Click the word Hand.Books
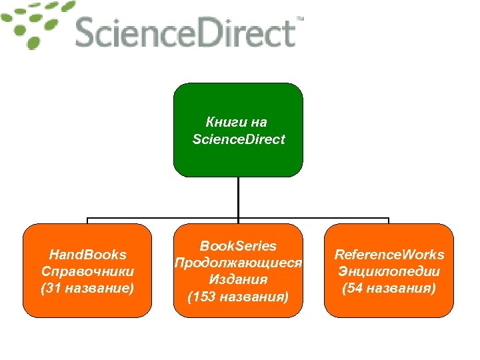(x=87, y=255)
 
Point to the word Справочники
(x=87, y=271)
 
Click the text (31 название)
(x=87, y=288)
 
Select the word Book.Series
(x=238, y=247)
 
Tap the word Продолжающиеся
(x=238, y=263)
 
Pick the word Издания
(x=238, y=279)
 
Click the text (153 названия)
(x=238, y=296)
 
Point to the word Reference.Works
(x=389, y=255)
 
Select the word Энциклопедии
(x=389, y=271)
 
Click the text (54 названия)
(x=389, y=288)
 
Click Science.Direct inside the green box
(x=238, y=139)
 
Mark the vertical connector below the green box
(x=238, y=197)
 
